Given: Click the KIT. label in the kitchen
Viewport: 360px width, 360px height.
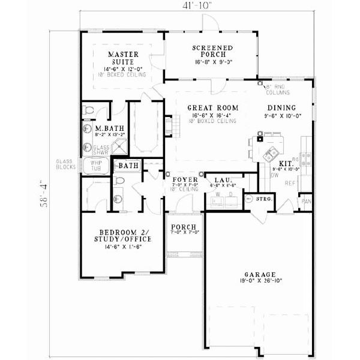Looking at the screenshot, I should tap(286, 163).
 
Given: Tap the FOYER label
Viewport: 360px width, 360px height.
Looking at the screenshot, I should tap(181, 179).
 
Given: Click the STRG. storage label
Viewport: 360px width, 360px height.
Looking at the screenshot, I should tap(264, 198).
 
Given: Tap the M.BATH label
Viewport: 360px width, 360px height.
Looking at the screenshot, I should tap(105, 128).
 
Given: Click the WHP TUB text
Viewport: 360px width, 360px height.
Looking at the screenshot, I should tap(96, 166).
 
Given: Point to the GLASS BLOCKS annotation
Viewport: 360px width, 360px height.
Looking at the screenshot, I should tap(64, 164).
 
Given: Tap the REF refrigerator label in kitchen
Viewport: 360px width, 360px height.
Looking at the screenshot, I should tap(290, 183).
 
